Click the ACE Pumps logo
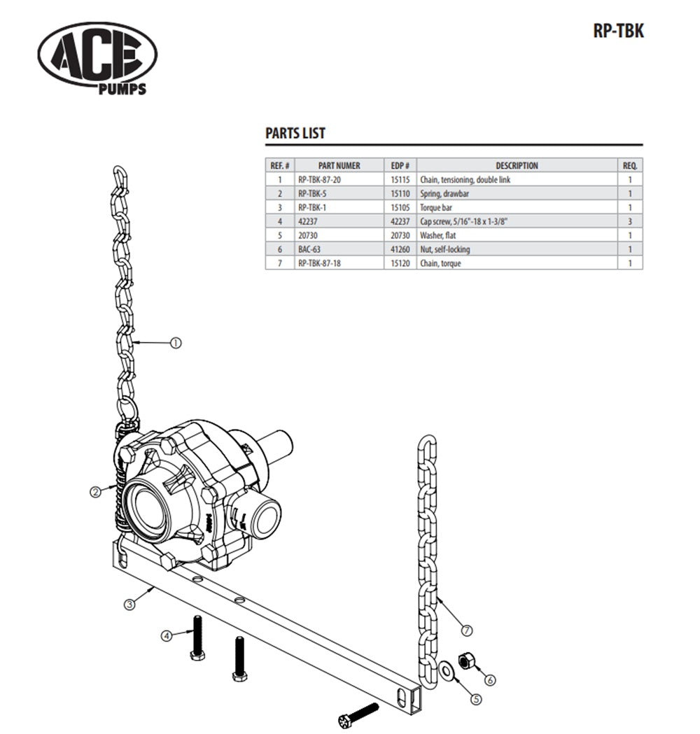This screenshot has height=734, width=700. (x=97, y=56)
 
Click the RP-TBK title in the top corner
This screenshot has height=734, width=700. (x=617, y=32)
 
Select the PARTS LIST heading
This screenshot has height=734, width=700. (x=295, y=134)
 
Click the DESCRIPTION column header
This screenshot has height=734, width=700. (x=517, y=166)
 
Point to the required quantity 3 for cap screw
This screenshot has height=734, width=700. (x=630, y=222)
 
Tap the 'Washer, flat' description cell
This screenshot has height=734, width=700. (x=440, y=236)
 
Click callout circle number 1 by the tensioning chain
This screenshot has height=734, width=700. (x=176, y=343)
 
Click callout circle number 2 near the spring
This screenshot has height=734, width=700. (x=96, y=492)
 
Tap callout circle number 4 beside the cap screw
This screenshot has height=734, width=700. (x=167, y=636)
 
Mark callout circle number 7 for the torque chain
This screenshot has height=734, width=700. (x=467, y=630)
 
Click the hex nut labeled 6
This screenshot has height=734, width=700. (x=465, y=662)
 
